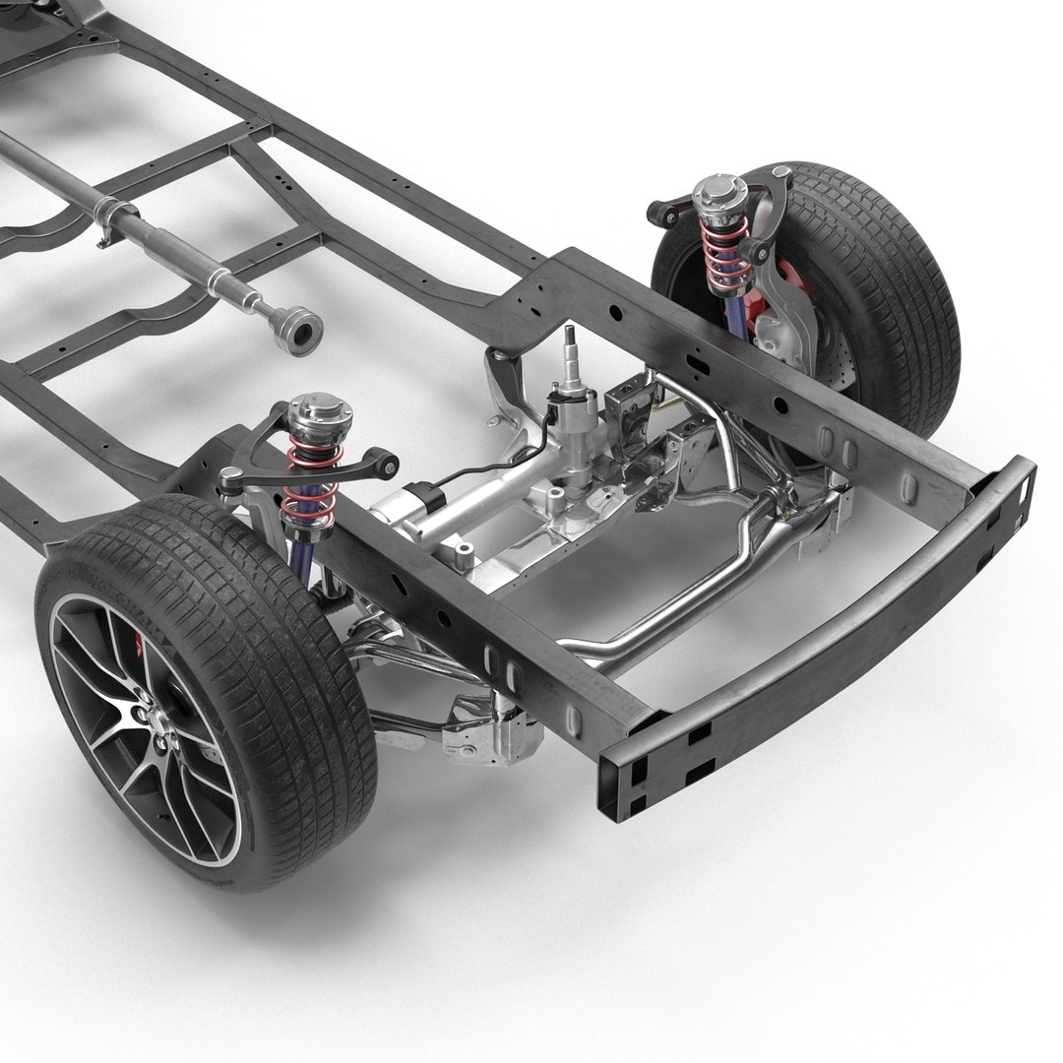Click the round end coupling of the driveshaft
pyautogui.click(x=297, y=327)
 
